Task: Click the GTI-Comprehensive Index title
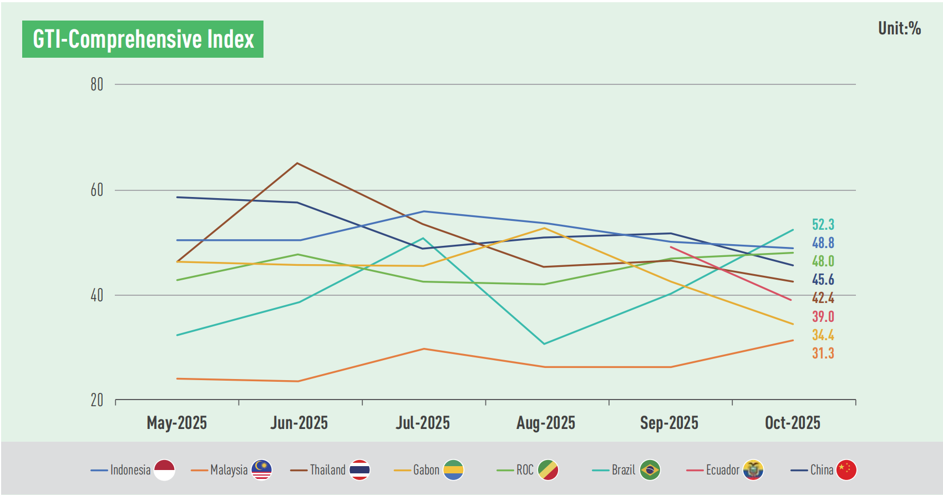143,39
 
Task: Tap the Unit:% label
899,28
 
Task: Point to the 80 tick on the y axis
97,84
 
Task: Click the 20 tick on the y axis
97,400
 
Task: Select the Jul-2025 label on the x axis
423,423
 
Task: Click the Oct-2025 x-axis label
792,423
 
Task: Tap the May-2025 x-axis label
176,423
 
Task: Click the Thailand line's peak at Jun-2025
297,163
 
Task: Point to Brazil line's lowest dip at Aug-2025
544,344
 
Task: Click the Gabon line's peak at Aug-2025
545,228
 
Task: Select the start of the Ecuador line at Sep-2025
671,247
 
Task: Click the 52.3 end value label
823,225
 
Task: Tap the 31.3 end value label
823,353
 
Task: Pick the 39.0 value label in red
823,317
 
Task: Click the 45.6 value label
823,280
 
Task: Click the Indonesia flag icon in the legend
164,470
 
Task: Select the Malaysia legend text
229,470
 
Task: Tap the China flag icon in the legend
846,470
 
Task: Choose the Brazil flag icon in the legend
650,470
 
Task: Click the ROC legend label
525,470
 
